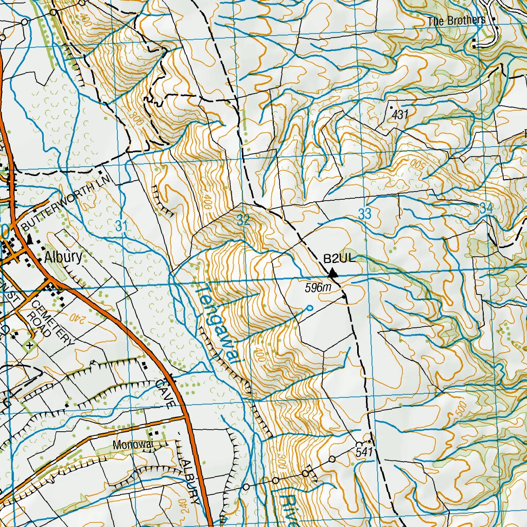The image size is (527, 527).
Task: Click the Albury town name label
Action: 63,257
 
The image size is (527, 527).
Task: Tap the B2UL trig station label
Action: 339,258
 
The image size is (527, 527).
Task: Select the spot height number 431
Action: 400,115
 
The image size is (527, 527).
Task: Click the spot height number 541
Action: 363,452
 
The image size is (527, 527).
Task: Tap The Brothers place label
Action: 456,21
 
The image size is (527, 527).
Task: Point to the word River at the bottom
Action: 288,510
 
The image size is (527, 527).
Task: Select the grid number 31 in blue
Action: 121,225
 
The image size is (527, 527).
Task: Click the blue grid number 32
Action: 243,220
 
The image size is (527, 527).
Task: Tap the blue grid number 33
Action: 364,215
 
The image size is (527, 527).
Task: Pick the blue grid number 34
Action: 486,208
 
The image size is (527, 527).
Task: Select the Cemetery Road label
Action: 49,320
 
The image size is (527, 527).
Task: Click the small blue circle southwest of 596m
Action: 308,308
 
